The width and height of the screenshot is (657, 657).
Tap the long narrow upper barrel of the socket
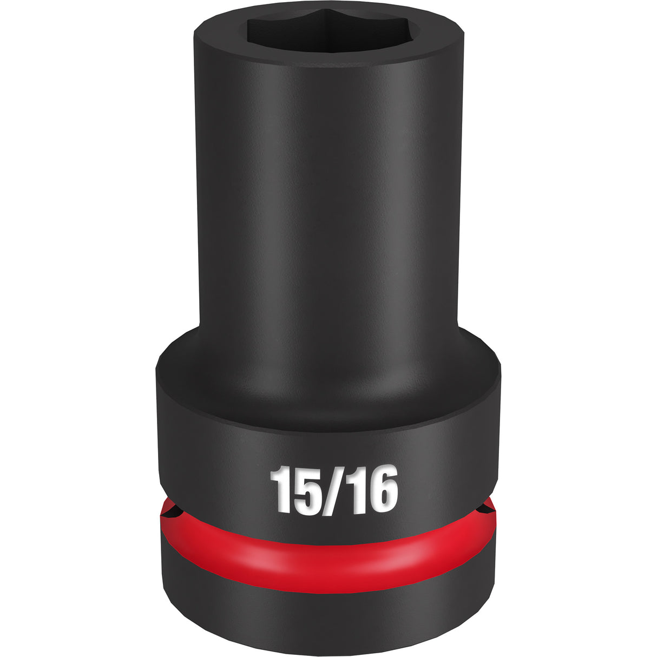point(328,189)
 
